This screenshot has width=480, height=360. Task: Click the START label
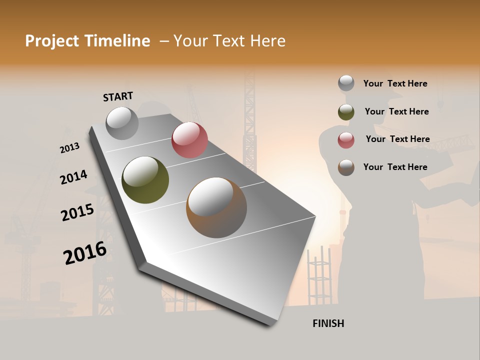[x=118, y=96]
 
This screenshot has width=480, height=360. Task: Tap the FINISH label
[x=328, y=323]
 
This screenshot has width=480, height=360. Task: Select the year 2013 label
[x=69, y=148]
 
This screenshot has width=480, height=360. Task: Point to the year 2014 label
[x=73, y=177]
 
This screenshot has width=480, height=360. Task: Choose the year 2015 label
[x=77, y=212]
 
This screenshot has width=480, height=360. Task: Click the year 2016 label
[x=85, y=253]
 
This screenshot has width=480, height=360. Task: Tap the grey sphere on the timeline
[x=122, y=123]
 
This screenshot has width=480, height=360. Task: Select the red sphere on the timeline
[x=189, y=139]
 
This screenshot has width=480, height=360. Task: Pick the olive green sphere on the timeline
[x=145, y=180]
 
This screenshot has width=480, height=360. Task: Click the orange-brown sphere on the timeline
[x=216, y=207]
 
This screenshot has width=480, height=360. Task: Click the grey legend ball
[x=346, y=83]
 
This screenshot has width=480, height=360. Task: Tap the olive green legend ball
[x=346, y=112]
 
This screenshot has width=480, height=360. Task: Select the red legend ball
[x=346, y=140]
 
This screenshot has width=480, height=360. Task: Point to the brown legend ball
[x=346, y=167]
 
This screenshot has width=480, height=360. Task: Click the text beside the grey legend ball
[x=395, y=84]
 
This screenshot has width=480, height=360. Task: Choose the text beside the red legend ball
[x=397, y=139]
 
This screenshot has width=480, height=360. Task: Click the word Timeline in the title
[x=117, y=41]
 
